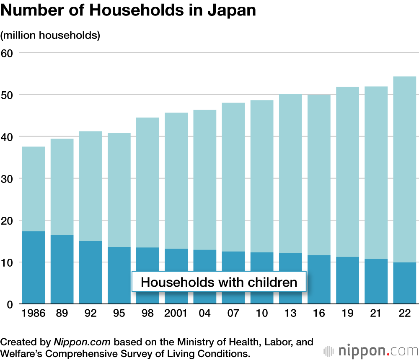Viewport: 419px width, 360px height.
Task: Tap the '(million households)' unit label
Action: point(50,35)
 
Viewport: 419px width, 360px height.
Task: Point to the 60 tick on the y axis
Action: point(8,53)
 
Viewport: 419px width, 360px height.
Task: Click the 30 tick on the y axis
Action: point(8,179)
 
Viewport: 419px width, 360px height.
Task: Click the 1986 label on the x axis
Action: point(33,314)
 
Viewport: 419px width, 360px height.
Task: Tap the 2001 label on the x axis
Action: point(176,314)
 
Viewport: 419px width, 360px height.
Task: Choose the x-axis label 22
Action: point(404,314)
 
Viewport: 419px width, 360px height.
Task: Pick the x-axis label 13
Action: point(290,314)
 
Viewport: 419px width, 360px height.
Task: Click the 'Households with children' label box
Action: point(219,282)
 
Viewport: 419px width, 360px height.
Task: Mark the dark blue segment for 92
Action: point(91,272)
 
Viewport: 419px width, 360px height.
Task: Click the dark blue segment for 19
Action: point(347,280)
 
